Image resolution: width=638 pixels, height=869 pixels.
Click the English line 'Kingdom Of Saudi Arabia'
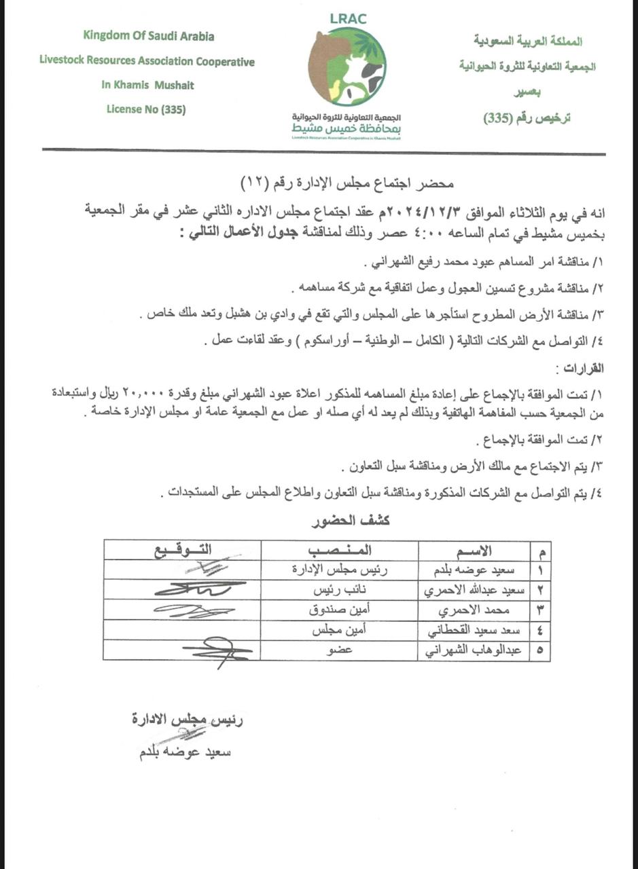coord(148,35)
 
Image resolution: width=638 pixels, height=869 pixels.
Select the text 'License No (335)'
coord(146,109)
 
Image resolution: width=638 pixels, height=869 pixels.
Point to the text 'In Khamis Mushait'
coord(147,85)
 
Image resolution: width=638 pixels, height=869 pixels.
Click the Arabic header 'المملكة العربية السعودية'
coord(528,41)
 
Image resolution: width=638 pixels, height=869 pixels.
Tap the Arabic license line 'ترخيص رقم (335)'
coord(527,117)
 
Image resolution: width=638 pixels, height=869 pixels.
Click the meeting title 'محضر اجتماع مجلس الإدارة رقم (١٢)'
coord(347,184)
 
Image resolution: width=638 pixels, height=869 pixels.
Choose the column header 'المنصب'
coord(340,550)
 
